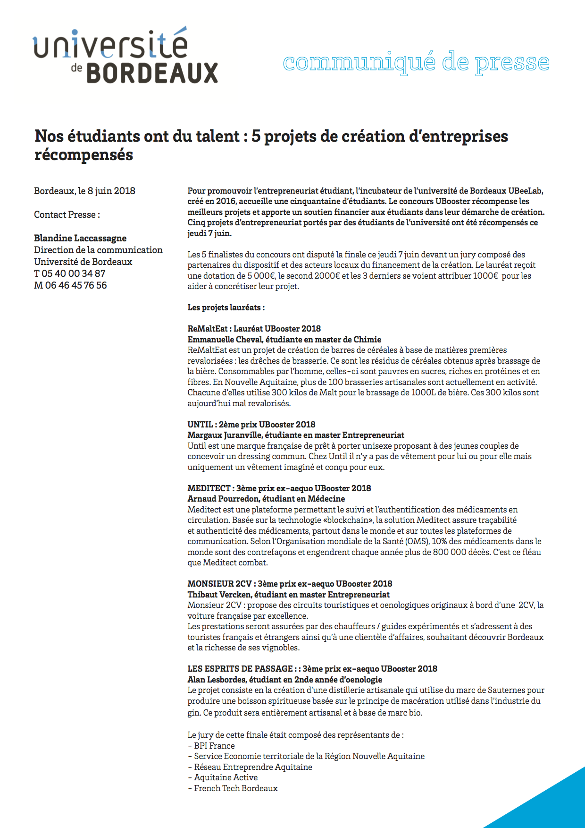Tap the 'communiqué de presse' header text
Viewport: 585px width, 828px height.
click(x=416, y=62)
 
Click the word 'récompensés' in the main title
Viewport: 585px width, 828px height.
click(x=84, y=155)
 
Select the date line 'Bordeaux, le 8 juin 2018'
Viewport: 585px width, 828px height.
click(x=84, y=191)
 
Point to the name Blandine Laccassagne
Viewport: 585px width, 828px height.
click(x=80, y=238)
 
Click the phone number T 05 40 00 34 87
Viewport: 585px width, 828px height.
click(x=70, y=273)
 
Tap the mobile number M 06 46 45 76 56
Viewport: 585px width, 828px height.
click(x=70, y=285)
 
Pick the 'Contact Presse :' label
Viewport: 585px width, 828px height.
click(x=67, y=214)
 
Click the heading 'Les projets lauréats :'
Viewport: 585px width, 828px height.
click(x=226, y=307)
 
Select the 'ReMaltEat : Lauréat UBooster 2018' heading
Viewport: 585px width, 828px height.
click(x=254, y=329)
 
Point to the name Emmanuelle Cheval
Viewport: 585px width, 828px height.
click(x=224, y=340)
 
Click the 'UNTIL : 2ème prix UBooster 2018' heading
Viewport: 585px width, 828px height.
click(x=251, y=425)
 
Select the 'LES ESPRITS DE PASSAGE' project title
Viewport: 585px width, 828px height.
click(x=240, y=669)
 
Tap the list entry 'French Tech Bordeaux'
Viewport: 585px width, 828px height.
click(x=236, y=788)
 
